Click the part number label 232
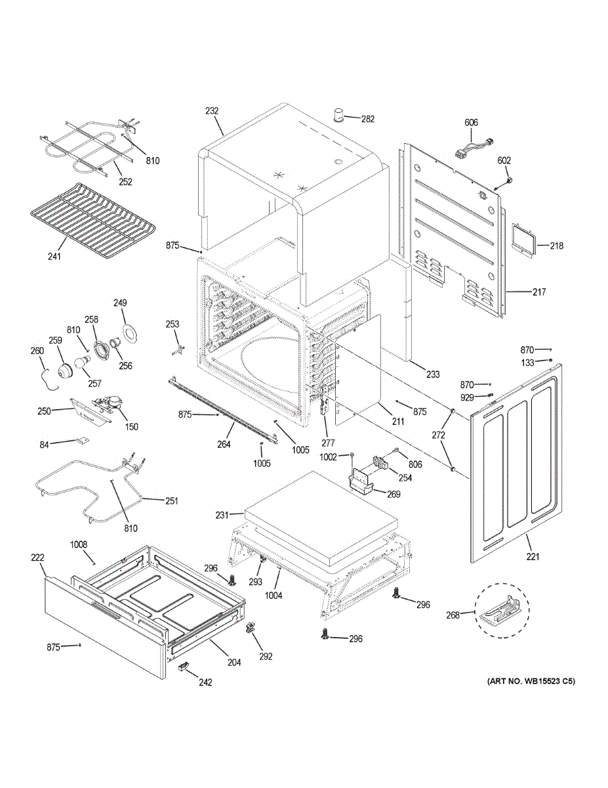tap(212, 111)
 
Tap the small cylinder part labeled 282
tap(338, 116)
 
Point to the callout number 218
tap(557, 246)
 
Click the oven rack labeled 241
tap(92, 221)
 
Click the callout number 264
tap(224, 444)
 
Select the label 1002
tap(328, 457)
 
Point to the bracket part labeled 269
tap(363, 482)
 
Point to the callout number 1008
tap(79, 544)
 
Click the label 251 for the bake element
tap(172, 501)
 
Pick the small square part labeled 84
tap(83, 439)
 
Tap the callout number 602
tap(504, 160)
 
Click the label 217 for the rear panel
tap(539, 292)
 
